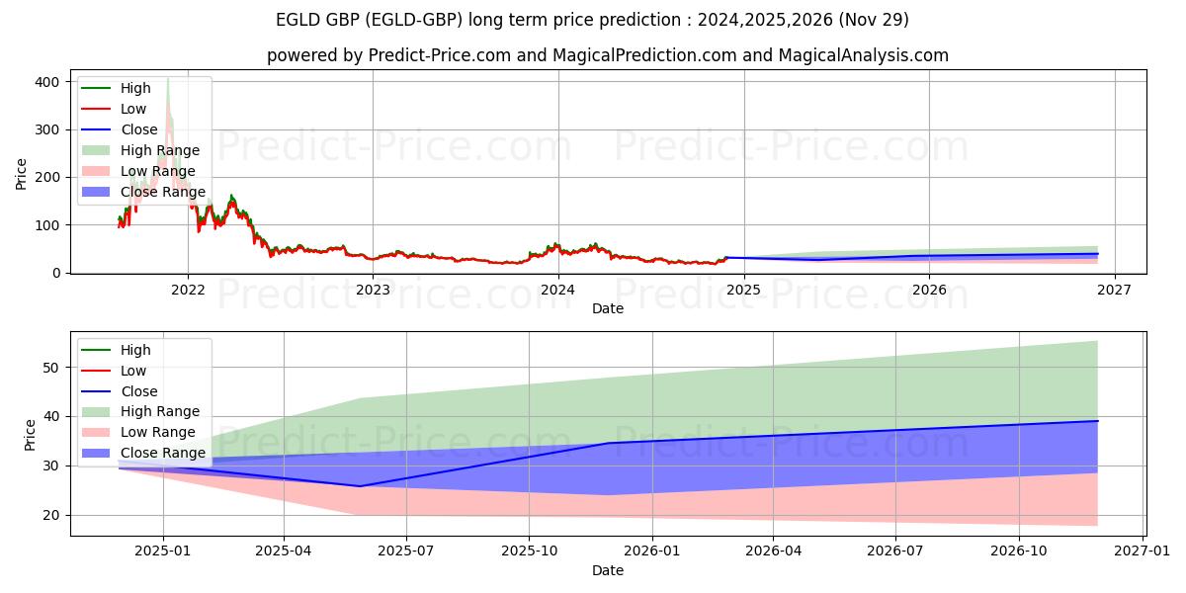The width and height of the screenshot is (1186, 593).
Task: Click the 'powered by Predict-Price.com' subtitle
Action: pos(607,55)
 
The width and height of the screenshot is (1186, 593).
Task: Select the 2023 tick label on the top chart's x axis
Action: pos(373,290)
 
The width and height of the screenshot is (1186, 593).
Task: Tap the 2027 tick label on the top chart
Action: pos(1114,290)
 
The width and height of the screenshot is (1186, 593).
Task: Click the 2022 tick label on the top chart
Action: pos(188,290)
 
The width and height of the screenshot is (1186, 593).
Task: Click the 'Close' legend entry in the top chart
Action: pos(139,129)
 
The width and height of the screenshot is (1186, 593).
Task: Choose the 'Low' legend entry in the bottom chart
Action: pos(132,371)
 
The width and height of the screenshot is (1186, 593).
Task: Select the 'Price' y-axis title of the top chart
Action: pos(22,174)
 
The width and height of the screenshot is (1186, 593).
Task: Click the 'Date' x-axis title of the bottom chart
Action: pos(607,571)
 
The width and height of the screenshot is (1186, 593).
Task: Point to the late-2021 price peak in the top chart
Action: pos(168,79)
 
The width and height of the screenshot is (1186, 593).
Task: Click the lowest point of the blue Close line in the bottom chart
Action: pos(360,486)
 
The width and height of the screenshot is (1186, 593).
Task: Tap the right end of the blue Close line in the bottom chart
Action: pos(1097,421)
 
